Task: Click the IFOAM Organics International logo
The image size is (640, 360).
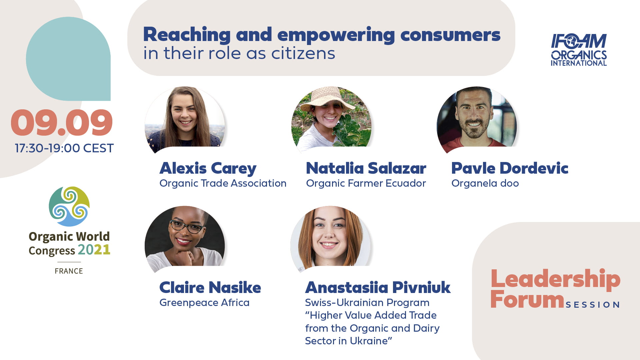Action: tap(579, 50)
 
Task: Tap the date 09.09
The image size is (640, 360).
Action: tap(62, 123)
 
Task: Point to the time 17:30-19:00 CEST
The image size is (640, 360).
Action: tap(64, 148)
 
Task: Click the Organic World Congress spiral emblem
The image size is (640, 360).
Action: tap(69, 206)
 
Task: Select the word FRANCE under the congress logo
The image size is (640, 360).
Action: tap(69, 271)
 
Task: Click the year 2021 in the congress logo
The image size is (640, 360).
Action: tap(94, 250)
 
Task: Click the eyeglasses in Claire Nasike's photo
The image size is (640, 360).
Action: tap(187, 227)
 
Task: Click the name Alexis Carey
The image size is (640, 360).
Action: tap(208, 168)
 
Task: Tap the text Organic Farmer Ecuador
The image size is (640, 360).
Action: tap(366, 183)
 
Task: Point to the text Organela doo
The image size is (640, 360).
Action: tap(485, 183)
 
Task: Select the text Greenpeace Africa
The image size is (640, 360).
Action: tap(204, 303)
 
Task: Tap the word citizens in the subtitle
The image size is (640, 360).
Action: tap(303, 53)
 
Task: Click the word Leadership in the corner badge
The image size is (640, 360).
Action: tap(555, 279)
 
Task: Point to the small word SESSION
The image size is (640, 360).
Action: tap(593, 305)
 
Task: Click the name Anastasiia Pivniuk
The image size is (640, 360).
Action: tap(378, 287)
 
